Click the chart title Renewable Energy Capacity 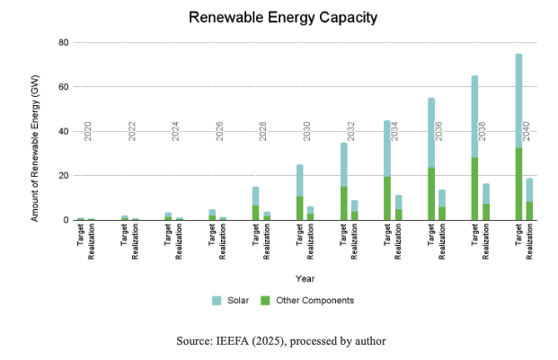click(279, 17)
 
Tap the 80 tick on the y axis click(64, 42)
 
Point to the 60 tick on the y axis click(64, 87)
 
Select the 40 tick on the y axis click(64, 131)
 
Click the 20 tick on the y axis click(64, 176)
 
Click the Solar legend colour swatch click(216, 300)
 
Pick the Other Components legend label click(315, 300)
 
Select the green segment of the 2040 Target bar click(518, 184)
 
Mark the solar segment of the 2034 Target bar click(387, 148)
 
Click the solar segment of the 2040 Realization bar click(529, 189)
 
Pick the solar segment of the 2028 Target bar click(256, 196)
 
